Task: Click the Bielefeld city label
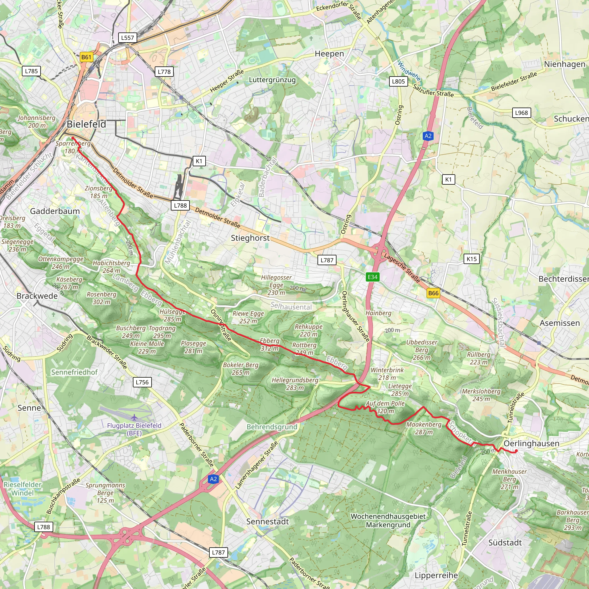point(86,124)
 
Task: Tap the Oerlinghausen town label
point(531,443)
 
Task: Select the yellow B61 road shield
point(86,57)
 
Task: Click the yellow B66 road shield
point(433,293)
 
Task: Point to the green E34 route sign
point(372,277)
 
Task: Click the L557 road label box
point(127,38)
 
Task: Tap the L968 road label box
point(521,113)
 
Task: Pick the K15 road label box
point(472,259)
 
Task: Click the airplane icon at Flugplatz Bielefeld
point(134,417)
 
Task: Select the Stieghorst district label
point(250,238)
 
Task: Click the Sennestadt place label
point(267,522)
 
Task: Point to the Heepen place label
point(329,54)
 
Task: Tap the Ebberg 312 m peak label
point(269,345)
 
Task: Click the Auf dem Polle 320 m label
point(385,407)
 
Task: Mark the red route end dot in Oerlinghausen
point(516,451)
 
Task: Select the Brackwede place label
point(37,296)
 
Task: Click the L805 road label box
point(398,81)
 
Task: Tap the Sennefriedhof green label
point(74,372)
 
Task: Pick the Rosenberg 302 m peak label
point(102,298)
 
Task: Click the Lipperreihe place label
point(436,575)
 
